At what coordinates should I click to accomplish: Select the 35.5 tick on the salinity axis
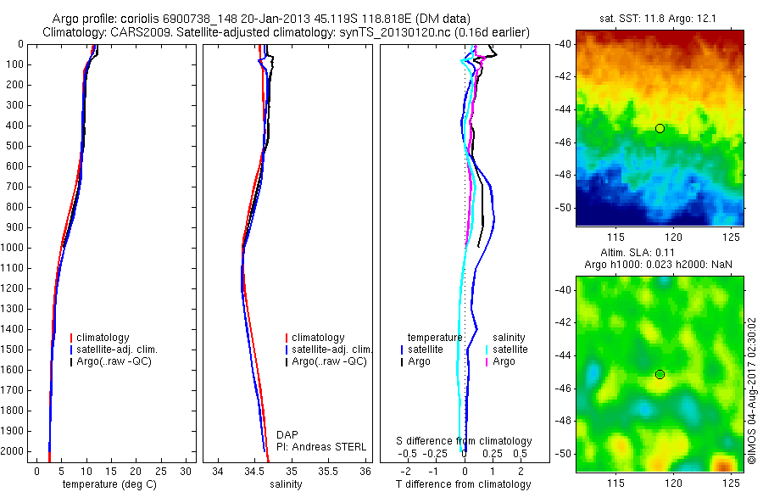click(329, 471)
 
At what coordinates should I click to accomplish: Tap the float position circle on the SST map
click(660, 128)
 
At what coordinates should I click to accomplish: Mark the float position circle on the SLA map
click(660, 374)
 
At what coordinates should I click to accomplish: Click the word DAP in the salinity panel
click(287, 434)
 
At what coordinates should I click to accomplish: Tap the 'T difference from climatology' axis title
click(463, 484)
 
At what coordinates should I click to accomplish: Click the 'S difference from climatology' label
click(464, 441)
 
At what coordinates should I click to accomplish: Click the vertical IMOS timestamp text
click(752, 389)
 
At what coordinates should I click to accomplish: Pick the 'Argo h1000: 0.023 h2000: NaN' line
click(659, 266)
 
